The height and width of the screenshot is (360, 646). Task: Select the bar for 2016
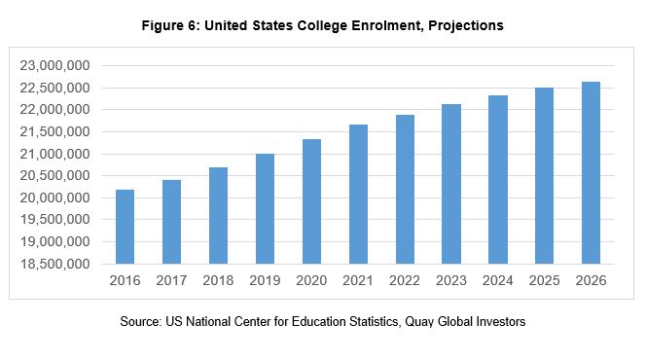coord(125,227)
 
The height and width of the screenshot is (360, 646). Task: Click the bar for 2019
coord(265,208)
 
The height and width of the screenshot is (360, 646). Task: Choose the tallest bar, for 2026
coord(591,172)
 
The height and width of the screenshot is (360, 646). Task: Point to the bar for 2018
coord(218,215)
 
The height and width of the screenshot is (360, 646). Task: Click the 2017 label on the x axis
coord(171,280)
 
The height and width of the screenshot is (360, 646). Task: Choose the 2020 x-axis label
coord(311,280)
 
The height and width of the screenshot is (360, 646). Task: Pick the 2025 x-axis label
coord(544,280)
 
